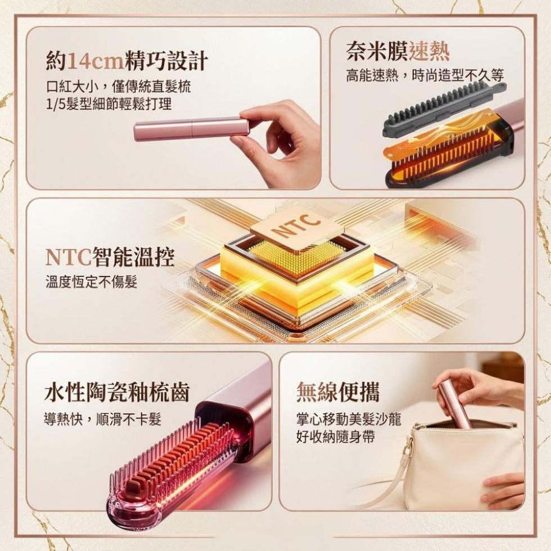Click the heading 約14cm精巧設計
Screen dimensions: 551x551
[x=127, y=61]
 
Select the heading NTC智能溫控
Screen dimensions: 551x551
[x=110, y=257]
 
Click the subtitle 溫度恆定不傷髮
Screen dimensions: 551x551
[x=91, y=282]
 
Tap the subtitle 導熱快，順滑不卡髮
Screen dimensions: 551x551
[x=102, y=419]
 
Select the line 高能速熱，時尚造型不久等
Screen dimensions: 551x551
[x=425, y=75]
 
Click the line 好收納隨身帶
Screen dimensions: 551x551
[x=335, y=437]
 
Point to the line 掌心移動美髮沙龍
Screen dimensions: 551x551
[x=349, y=419]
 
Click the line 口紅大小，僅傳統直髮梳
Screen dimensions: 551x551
[x=119, y=87]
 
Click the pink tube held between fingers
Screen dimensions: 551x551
[x=192, y=129]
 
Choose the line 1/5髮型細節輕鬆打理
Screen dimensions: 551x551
[x=109, y=103]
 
